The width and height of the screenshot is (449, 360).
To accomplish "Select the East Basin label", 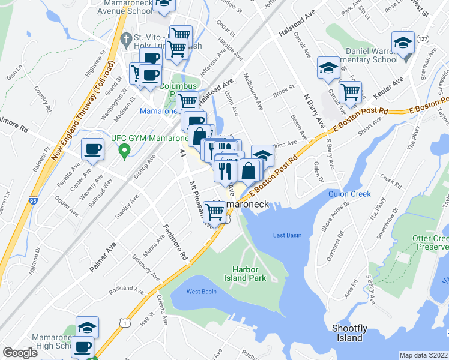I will pyautogui.click(x=287, y=235).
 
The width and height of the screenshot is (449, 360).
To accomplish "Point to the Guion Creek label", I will pyautogui.click(x=349, y=194).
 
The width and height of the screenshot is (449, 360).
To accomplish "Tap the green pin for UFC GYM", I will pyautogui.click(x=124, y=149).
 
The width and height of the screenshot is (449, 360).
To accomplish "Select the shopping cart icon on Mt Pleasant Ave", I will pyautogui.click(x=215, y=212).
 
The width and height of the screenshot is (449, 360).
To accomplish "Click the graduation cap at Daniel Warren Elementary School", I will pyautogui.click(x=402, y=43).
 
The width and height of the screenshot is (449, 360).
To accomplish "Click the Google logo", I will pyautogui.click(x=20, y=353).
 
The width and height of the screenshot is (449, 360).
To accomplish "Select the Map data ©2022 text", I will pyautogui.click(x=423, y=355).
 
